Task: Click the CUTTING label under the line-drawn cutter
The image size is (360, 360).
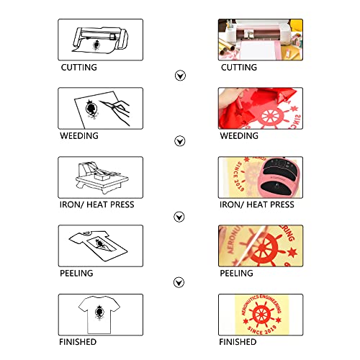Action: pyautogui.click(x=79, y=68)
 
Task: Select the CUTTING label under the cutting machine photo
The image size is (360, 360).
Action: pyautogui.click(x=239, y=68)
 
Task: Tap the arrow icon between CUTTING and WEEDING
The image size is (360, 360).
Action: pyautogui.click(x=180, y=76)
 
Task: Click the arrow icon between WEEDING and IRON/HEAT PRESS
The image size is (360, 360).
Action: pyautogui.click(x=180, y=141)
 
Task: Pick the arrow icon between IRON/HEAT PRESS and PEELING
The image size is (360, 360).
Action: pyautogui.click(x=179, y=217)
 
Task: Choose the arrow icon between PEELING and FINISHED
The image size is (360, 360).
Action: pyautogui.click(x=179, y=282)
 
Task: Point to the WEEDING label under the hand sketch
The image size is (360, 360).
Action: pyautogui.click(x=79, y=136)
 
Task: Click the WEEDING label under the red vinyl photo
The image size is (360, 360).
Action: pyautogui.click(x=239, y=136)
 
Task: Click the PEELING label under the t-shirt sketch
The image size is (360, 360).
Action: pyautogui.click(x=76, y=273)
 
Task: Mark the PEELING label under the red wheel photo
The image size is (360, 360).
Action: pyautogui.click(x=237, y=273)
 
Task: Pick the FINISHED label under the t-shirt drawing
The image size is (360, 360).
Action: pyautogui.click(x=78, y=342)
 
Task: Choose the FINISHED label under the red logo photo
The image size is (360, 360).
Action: pyautogui.click(x=238, y=342)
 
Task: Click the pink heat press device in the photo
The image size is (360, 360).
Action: pyautogui.click(x=280, y=177)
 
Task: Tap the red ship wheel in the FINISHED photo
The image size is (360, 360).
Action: pyautogui.click(x=261, y=315)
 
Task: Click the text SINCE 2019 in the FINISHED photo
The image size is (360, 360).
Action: pyautogui.click(x=261, y=330)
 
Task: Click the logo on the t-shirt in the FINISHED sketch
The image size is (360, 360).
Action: pyautogui.click(x=99, y=312)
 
